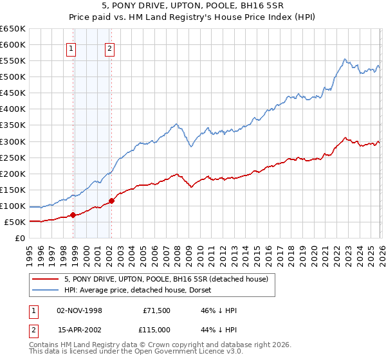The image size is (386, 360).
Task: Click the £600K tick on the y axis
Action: click(13, 44)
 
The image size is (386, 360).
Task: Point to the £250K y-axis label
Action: click(13, 157)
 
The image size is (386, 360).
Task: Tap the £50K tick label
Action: click(15, 222)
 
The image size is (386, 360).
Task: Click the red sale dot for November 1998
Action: click(73, 215)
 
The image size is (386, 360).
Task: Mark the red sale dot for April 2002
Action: click(111, 201)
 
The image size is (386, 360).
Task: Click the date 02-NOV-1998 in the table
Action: click(80, 310)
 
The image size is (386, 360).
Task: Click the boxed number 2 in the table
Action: click(32, 330)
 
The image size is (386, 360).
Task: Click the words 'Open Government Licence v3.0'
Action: click(191, 352)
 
